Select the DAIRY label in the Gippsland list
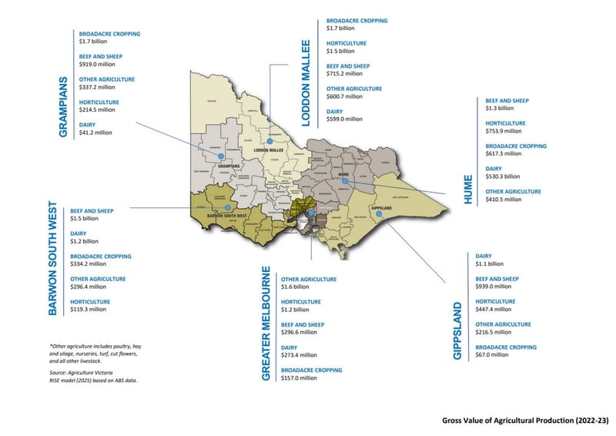pos(484,256)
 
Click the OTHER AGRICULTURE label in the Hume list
pos(513,191)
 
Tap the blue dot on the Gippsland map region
pos(380,216)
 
